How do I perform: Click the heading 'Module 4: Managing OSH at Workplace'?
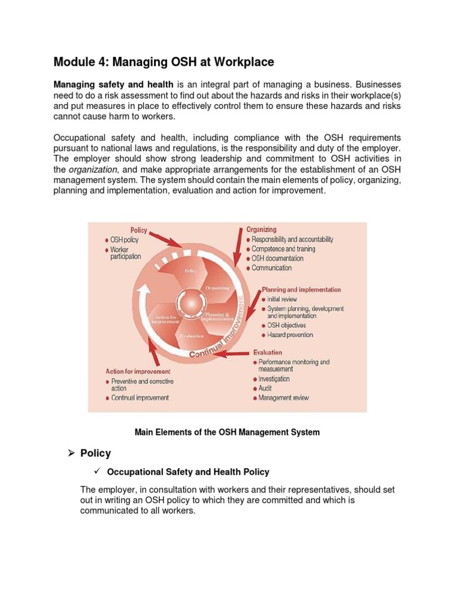(x=164, y=62)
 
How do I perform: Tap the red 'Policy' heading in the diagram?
(x=139, y=230)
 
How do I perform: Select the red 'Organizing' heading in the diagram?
(x=261, y=229)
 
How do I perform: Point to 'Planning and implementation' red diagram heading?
(x=301, y=290)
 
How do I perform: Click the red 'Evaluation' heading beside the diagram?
(x=268, y=352)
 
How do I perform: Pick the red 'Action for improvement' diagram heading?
(x=136, y=371)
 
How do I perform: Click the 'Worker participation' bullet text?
(x=126, y=253)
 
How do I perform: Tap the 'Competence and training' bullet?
(x=283, y=249)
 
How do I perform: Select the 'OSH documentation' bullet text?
(x=277, y=259)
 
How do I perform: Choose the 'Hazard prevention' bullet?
(x=290, y=335)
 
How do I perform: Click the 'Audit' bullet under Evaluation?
(x=265, y=389)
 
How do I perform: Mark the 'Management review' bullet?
(x=283, y=398)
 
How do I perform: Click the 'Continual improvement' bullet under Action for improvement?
(x=140, y=398)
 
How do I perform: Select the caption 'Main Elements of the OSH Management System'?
(x=227, y=433)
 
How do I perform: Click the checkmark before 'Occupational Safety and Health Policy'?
(x=98, y=472)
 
